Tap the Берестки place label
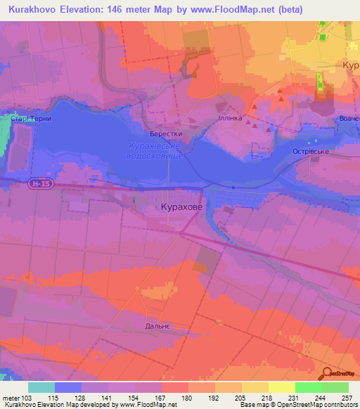(166, 133)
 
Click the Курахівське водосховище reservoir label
(155, 150)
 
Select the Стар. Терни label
(32, 119)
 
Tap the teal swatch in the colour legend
(41, 387)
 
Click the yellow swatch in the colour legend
(281, 387)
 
